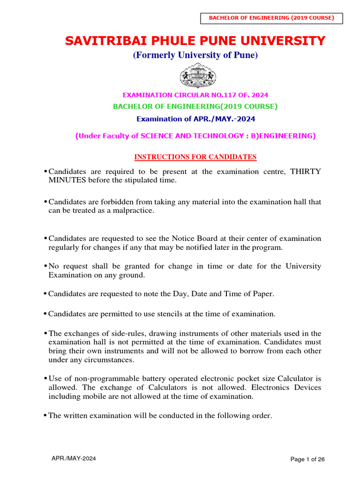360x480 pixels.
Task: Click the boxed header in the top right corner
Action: [272, 18]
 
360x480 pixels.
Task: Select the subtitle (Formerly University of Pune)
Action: [195, 55]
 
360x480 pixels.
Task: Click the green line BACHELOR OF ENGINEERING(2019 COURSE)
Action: [195, 106]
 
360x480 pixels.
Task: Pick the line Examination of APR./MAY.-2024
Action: [195, 119]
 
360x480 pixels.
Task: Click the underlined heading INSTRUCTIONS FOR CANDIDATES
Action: [195, 157]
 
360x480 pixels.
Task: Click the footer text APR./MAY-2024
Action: [74, 459]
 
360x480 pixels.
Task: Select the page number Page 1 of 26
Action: [307, 460]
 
